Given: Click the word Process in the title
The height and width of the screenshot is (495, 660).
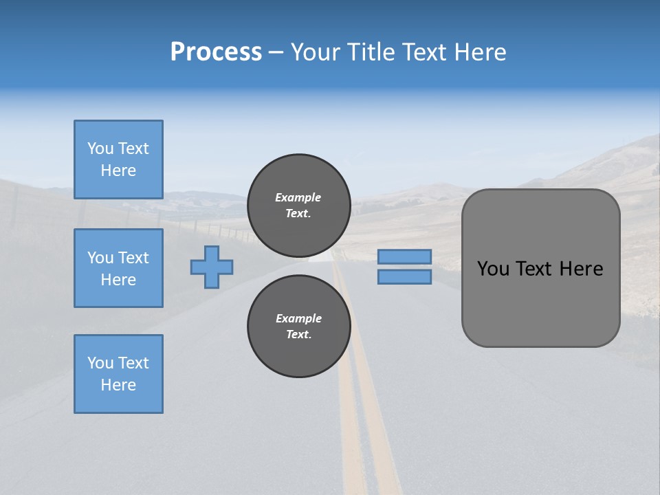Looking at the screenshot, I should [x=216, y=52].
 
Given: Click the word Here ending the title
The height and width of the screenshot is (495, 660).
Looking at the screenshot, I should [x=480, y=52].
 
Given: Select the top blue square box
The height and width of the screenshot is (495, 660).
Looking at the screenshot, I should [x=118, y=159].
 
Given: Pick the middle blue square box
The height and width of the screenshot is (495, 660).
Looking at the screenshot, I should [x=118, y=268].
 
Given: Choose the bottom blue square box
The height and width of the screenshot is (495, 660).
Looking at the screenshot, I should [x=118, y=374].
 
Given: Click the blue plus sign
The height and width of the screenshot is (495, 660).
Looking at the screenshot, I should [x=212, y=267].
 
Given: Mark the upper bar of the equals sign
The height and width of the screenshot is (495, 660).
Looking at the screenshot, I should [x=404, y=256].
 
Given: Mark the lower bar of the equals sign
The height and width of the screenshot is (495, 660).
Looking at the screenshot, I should [x=404, y=277].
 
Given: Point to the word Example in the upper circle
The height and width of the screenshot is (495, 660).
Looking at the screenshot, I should [x=298, y=197].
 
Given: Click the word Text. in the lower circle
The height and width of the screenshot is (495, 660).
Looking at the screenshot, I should [x=298, y=335].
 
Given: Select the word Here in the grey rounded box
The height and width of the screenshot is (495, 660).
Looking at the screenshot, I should [x=581, y=269].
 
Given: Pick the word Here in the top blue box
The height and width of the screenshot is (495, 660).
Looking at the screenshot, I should [x=118, y=170].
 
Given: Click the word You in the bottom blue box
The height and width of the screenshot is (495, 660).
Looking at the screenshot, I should [x=100, y=363].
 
